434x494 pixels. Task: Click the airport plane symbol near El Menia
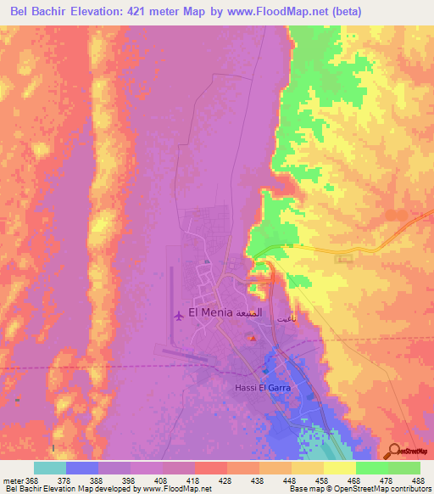coord(178,316)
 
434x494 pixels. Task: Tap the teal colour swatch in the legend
coord(49,468)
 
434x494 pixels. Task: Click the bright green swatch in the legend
coord(371,468)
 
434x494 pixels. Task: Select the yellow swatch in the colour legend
coord(339,468)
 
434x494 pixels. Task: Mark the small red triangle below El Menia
coord(252,340)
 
